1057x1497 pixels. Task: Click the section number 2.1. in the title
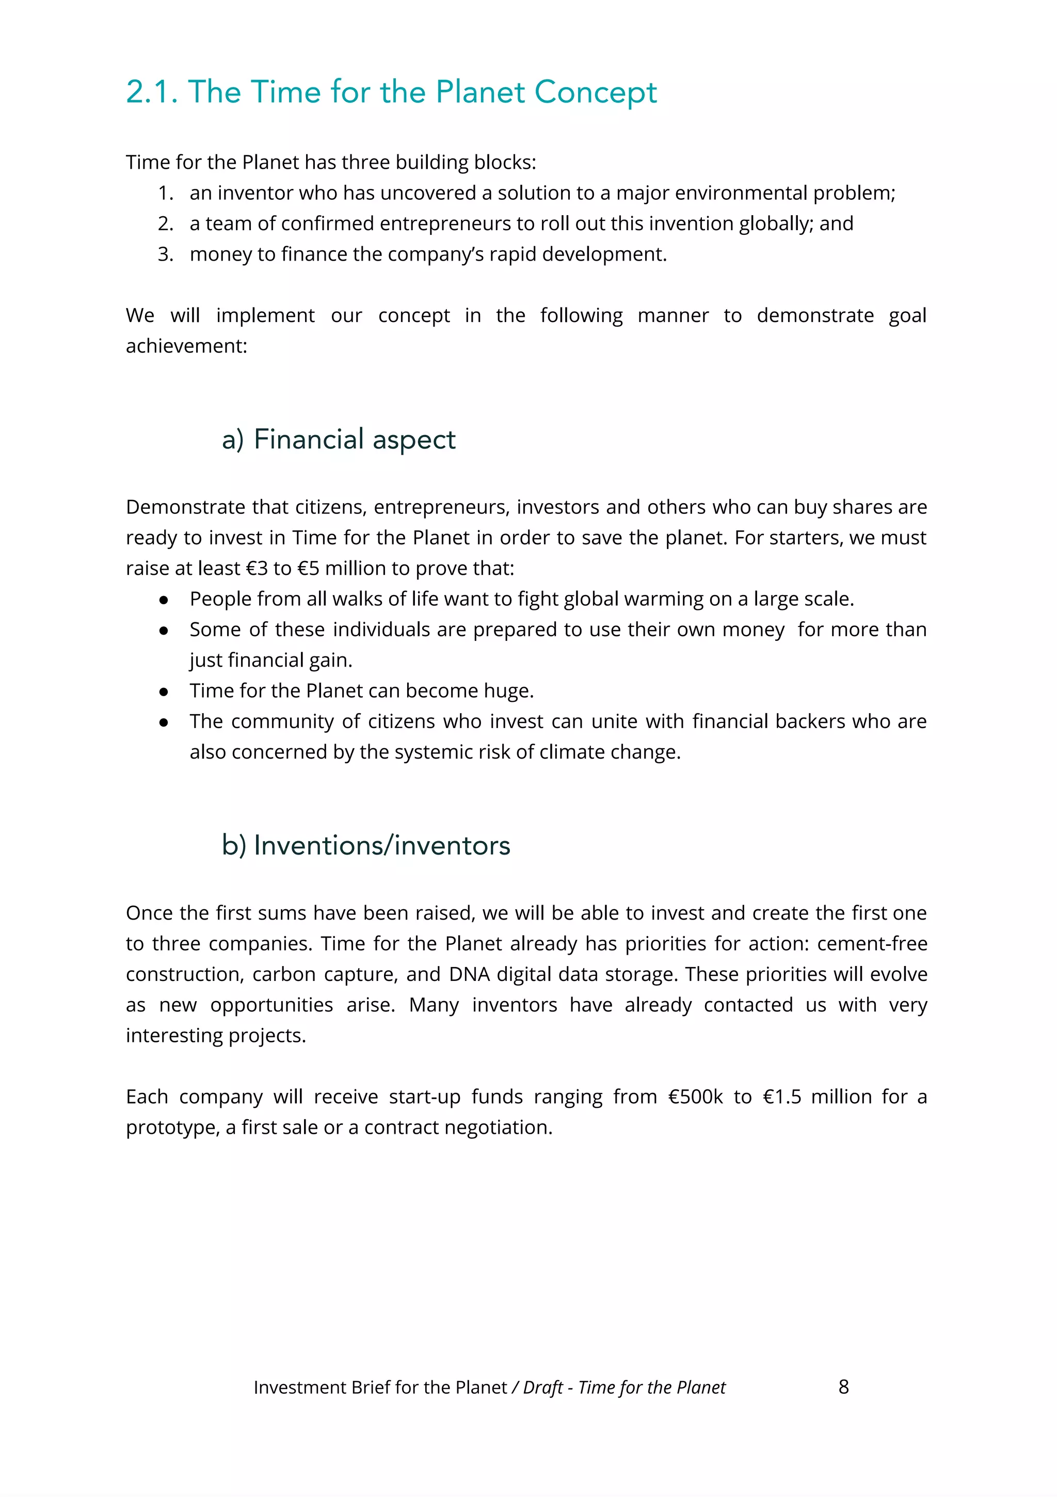tap(151, 92)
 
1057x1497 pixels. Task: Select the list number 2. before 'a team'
tap(166, 223)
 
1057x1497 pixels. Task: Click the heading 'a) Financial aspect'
tap(339, 440)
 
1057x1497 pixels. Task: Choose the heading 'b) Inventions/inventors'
tap(366, 845)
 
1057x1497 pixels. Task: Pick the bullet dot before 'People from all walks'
tap(164, 600)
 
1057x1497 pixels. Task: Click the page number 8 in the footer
tap(843, 1387)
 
